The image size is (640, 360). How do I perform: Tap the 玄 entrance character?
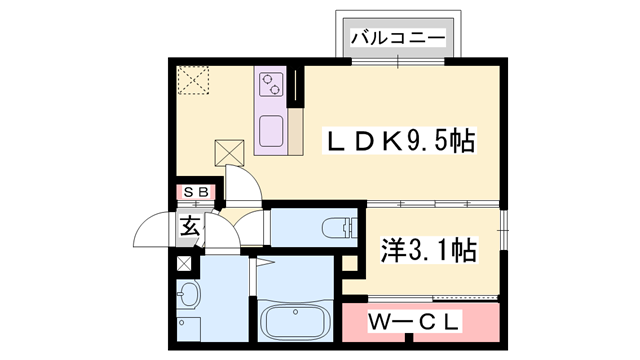189,226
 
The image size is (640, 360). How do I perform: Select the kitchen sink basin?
272,131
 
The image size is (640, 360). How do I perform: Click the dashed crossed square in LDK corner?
192,79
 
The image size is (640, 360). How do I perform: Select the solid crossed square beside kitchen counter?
229,153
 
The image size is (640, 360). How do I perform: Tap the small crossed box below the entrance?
183,264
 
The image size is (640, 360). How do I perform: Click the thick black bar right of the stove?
297,87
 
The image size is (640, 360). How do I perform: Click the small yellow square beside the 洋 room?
351,264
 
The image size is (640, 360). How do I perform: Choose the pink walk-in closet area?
419,323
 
